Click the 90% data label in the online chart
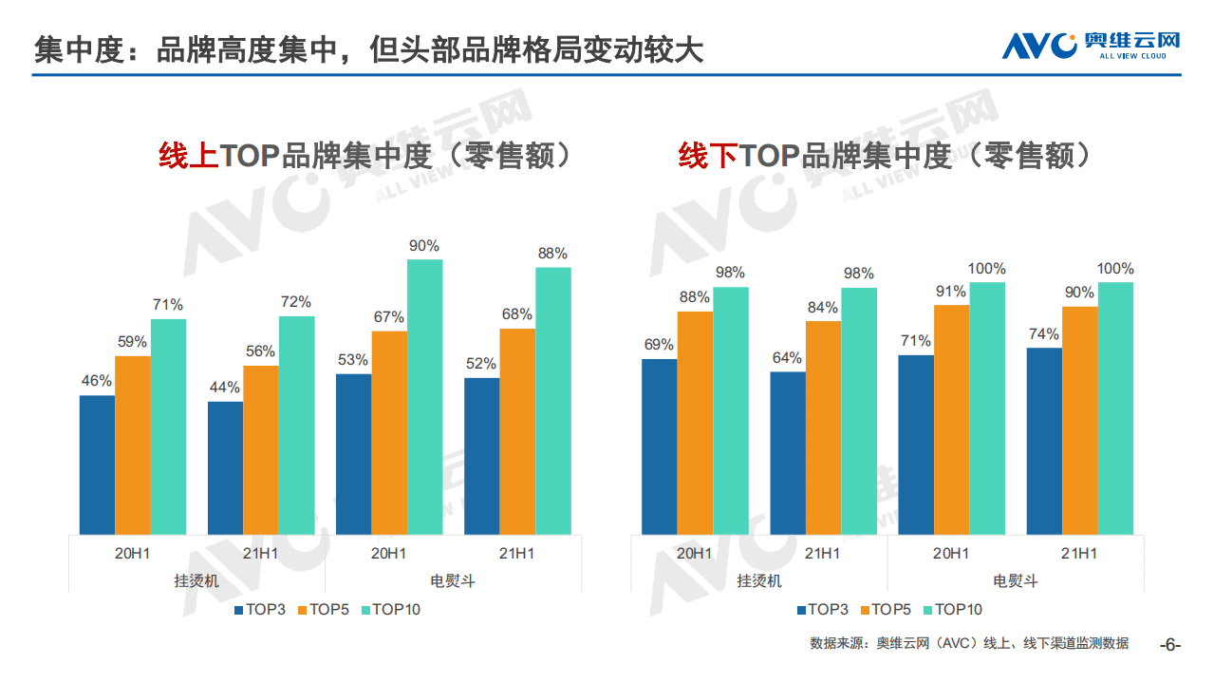click(424, 246)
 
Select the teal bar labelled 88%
click(553, 400)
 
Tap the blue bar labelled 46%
click(97, 465)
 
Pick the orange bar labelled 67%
click(389, 432)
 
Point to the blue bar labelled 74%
click(1044, 441)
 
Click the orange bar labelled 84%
click(823, 427)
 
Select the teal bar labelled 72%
click(296, 425)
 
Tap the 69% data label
click(659, 345)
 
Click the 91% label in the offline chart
click(951, 292)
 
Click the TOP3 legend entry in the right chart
click(822, 610)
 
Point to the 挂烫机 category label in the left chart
click(196, 580)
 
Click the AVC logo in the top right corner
click(1091, 45)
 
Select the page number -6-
click(1170, 645)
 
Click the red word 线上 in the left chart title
click(188, 156)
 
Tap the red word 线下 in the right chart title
click(708, 156)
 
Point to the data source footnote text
click(969, 644)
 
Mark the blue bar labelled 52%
click(481, 456)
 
